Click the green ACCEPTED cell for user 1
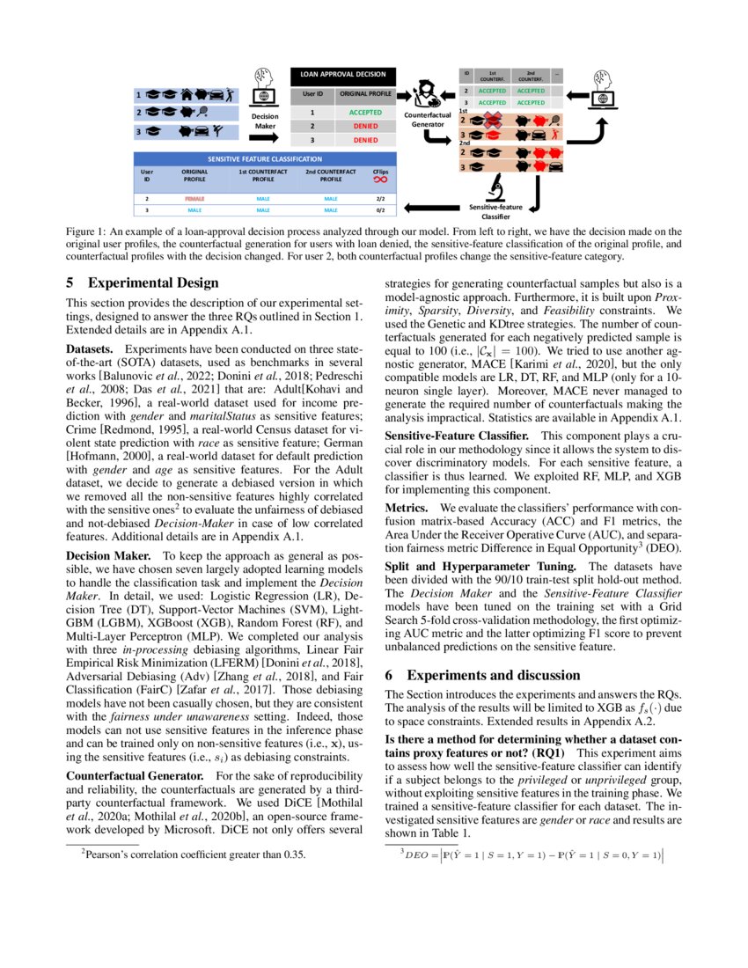364,113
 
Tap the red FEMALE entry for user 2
194,199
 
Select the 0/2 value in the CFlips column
380,210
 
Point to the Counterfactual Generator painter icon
429,93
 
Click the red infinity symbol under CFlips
380,180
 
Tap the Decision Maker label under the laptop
265,121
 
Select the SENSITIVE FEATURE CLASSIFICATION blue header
267,158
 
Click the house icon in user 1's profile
187,94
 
